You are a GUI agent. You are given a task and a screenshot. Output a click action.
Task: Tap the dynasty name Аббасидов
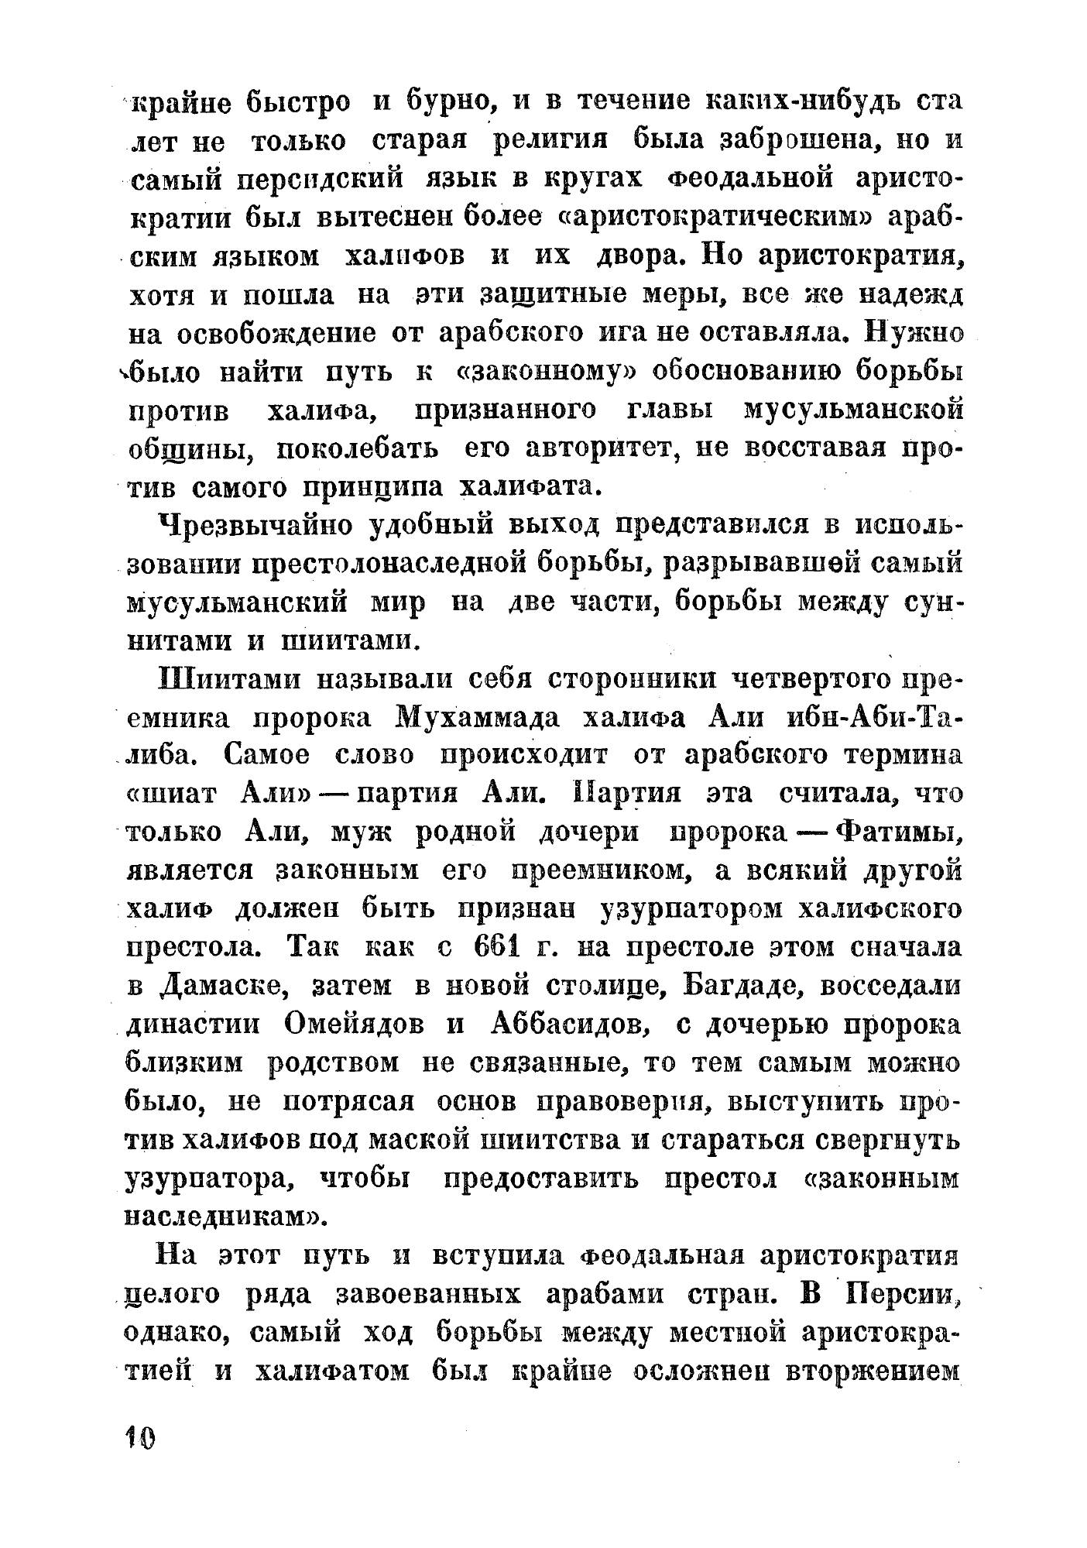(x=571, y=1025)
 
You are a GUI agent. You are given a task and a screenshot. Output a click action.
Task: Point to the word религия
(x=550, y=141)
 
